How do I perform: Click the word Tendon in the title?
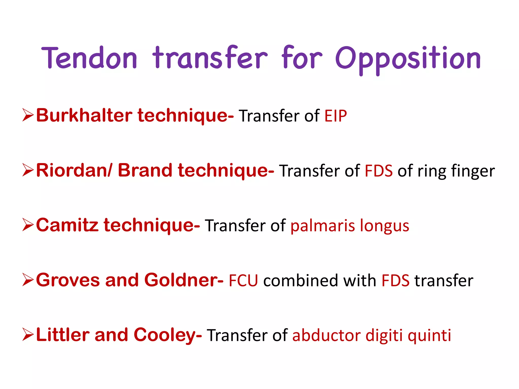[x=89, y=58]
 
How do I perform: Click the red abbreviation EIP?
[x=336, y=116]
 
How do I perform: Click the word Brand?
[x=145, y=170]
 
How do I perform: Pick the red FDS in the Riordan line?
[x=379, y=171]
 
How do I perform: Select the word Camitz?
[x=67, y=225]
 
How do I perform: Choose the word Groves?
[x=68, y=280]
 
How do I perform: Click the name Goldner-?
[x=184, y=280]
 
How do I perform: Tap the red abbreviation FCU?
[x=243, y=281]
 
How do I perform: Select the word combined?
[x=301, y=281]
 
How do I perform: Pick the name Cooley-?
[x=168, y=335]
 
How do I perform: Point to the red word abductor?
[x=326, y=336]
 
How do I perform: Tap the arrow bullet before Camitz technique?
[x=28, y=225]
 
